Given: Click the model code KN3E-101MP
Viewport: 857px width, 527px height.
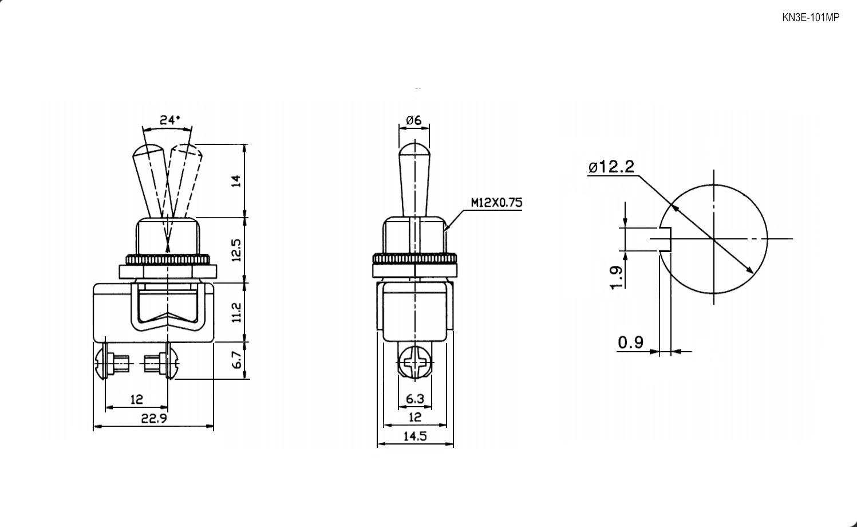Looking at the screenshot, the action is pyautogui.click(x=811, y=18).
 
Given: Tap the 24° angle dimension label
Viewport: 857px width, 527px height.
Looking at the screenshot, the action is pyautogui.click(x=169, y=120).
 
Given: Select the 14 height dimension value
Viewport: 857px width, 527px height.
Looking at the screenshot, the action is pyautogui.click(x=237, y=180).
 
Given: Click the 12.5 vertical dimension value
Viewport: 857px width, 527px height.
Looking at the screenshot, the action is pyautogui.click(x=237, y=250).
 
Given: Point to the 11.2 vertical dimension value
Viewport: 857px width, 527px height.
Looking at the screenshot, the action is pyautogui.click(x=237, y=312).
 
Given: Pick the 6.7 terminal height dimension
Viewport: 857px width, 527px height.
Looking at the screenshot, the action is pyautogui.click(x=237, y=360).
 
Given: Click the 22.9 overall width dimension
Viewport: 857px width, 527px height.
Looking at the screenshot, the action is pyautogui.click(x=154, y=418).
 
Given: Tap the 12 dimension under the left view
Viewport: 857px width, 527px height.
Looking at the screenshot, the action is pyautogui.click(x=137, y=400).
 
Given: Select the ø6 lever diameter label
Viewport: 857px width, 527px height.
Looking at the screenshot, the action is pyautogui.click(x=413, y=120).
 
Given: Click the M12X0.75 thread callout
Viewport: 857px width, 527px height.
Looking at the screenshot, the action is pyautogui.click(x=496, y=202).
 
